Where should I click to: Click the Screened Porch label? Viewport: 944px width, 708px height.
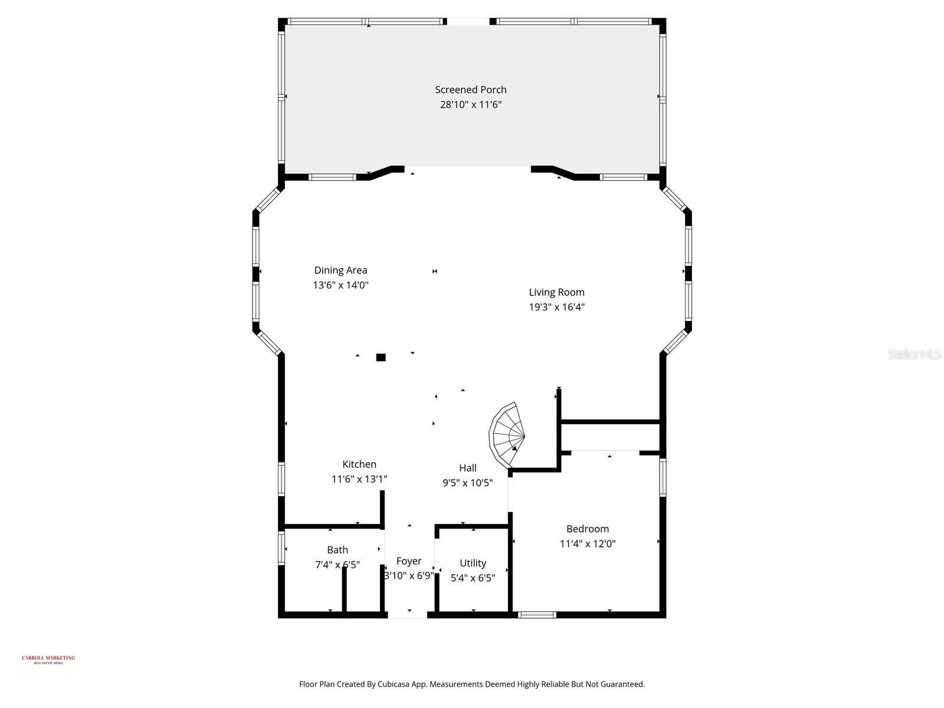click(x=470, y=90)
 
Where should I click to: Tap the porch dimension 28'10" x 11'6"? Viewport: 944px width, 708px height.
click(x=470, y=105)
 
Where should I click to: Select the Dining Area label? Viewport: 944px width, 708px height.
click(x=340, y=270)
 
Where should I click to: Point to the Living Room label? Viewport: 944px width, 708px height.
click(x=556, y=292)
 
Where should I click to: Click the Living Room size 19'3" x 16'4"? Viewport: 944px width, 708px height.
click(x=556, y=307)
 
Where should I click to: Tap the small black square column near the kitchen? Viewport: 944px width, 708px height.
click(x=381, y=357)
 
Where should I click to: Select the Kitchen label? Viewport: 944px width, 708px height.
click(x=359, y=464)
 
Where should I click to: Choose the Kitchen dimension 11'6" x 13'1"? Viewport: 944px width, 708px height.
click(x=359, y=479)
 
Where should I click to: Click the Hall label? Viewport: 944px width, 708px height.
click(x=467, y=468)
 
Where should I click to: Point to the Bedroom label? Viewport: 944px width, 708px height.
click(x=587, y=529)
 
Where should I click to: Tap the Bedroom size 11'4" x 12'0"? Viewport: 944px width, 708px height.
click(x=587, y=544)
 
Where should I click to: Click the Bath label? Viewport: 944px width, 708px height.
click(x=337, y=550)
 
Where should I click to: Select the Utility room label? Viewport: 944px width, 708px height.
click(x=473, y=563)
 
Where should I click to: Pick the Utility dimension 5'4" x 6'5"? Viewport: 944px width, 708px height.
click(x=473, y=578)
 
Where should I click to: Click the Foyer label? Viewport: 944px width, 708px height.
click(x=408, y=561)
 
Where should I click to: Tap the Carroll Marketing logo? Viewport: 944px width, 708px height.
click(x=48, y=659)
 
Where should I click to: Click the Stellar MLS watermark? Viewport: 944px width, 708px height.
click(x=914, y=354)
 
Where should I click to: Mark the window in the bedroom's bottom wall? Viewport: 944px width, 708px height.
click(x=537, y=615)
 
